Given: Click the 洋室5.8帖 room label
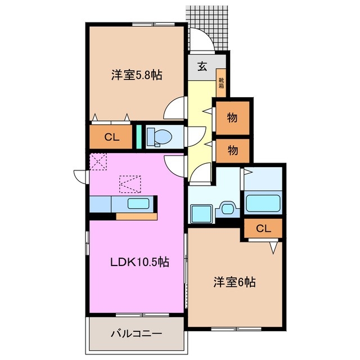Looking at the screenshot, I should coord(137,74).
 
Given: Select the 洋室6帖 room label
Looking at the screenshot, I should coord(234,282).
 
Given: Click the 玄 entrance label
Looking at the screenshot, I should coord(202,66).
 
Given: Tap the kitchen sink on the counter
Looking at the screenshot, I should coord(137,204).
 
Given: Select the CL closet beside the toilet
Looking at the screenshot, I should coord(111,137).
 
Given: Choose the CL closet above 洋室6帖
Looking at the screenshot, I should coord(263,228).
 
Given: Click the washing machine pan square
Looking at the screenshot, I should coord(200,213).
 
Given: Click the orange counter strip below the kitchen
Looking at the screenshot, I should coord(137,215).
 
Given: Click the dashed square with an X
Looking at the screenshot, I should coord(98,162).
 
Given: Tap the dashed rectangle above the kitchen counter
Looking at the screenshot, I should coord(130,184).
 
